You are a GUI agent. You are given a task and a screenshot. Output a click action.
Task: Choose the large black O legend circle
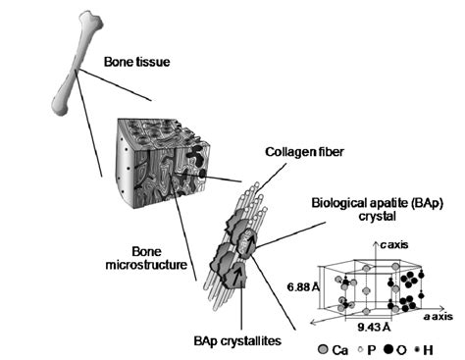pyautogui.click(x=397, y=347)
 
